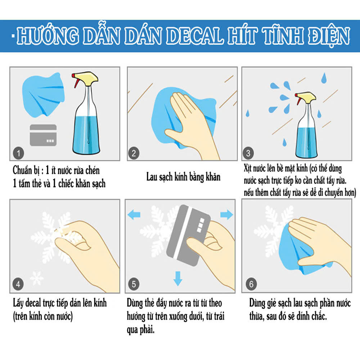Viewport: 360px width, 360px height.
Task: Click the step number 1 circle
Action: (x=19, y=153)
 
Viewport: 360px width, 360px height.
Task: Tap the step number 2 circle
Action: (x=134, y=153)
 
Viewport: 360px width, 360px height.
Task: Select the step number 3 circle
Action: (x=248, y=153)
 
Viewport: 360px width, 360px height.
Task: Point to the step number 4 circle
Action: (x=18, y=284)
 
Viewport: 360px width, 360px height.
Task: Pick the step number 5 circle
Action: (x=134, y=284)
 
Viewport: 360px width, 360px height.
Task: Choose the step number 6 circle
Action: (x=251, y=284)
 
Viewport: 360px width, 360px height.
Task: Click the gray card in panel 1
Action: (x=43, y=135)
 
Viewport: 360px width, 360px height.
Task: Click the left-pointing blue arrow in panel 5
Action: (x=134, y=215)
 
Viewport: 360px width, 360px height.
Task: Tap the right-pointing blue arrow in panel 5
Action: (x=226, y=215)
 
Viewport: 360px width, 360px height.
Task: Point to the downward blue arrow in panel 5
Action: (x=178, y=279)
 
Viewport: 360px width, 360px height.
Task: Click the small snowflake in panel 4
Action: (x=37, y=278)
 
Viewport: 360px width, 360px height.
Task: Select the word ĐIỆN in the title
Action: (x=329, y=36)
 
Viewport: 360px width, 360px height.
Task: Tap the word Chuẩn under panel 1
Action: (x=22, y=170)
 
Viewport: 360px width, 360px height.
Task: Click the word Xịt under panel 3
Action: (x=248, y=168)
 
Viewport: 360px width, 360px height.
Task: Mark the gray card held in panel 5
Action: (x=188, y=235)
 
